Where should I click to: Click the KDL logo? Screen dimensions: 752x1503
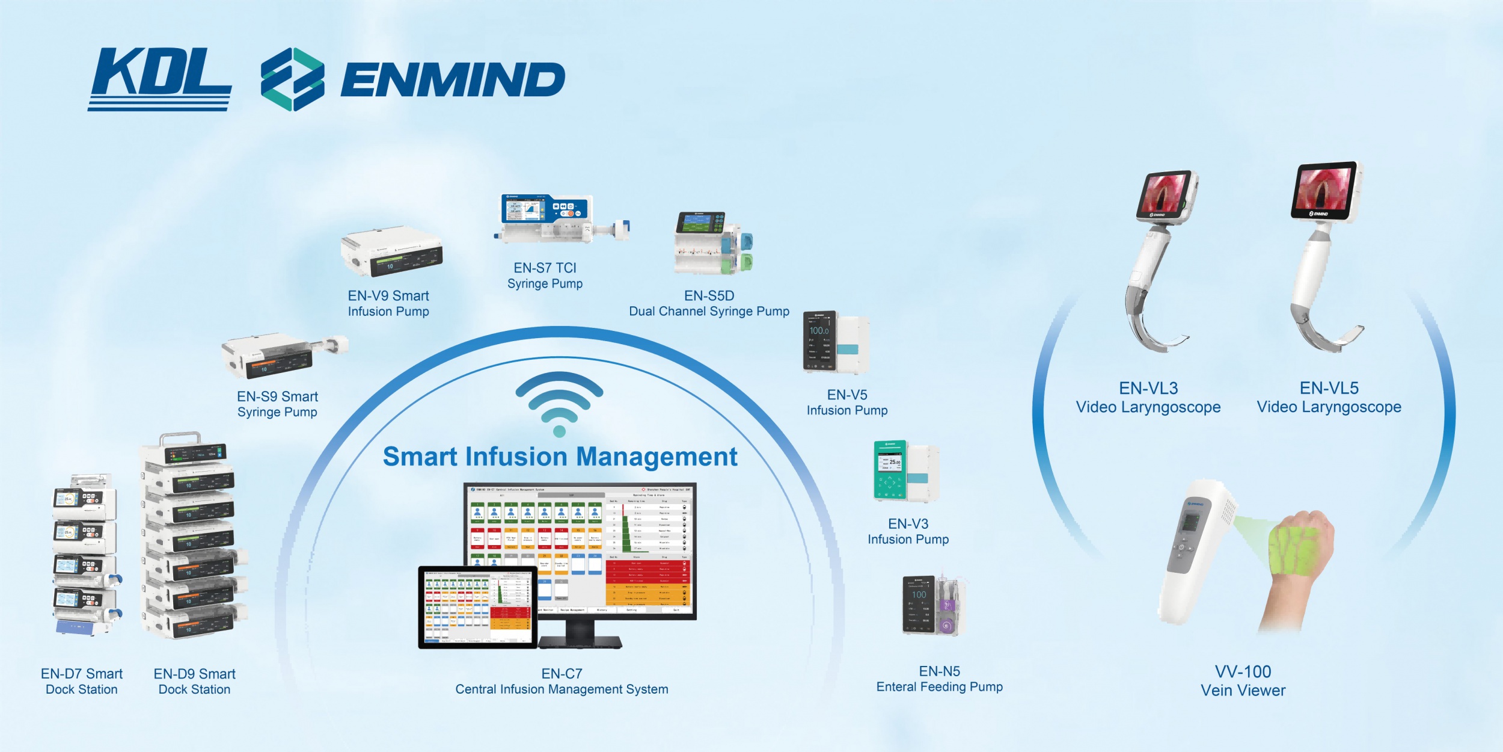[160, 78]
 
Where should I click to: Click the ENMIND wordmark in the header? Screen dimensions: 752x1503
[452, 79]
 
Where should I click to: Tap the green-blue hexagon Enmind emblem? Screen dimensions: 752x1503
[292, 79]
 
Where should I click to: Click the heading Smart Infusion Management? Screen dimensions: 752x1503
[559, 457]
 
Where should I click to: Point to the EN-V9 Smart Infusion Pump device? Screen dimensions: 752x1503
[392, 253]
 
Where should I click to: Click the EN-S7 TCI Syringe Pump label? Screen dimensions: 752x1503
[545, 276]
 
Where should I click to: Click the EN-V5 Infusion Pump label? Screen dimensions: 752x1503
[846, 402]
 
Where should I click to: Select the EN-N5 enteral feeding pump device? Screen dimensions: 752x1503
[933, 606]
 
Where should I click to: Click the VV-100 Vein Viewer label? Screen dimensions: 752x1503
[1243, 681]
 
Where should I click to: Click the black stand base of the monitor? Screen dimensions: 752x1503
[580, 643]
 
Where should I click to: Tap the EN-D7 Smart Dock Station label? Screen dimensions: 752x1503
[82, 682]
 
